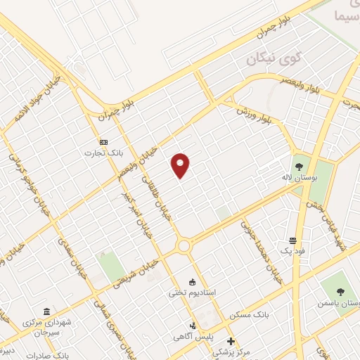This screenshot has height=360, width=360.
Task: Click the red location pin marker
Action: click(x=181, y=165)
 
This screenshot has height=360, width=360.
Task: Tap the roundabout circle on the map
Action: click(x=184, y=246)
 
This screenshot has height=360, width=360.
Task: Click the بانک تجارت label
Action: click(x=99, y=153)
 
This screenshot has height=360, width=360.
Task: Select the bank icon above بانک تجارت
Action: click(x=104, y=141)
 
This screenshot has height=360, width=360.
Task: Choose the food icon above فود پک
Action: click(x=292, y=240)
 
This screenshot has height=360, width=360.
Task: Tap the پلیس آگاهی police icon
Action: click(x=193, y=326)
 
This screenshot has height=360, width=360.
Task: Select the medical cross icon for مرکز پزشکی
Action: click(x=231, y=341)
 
